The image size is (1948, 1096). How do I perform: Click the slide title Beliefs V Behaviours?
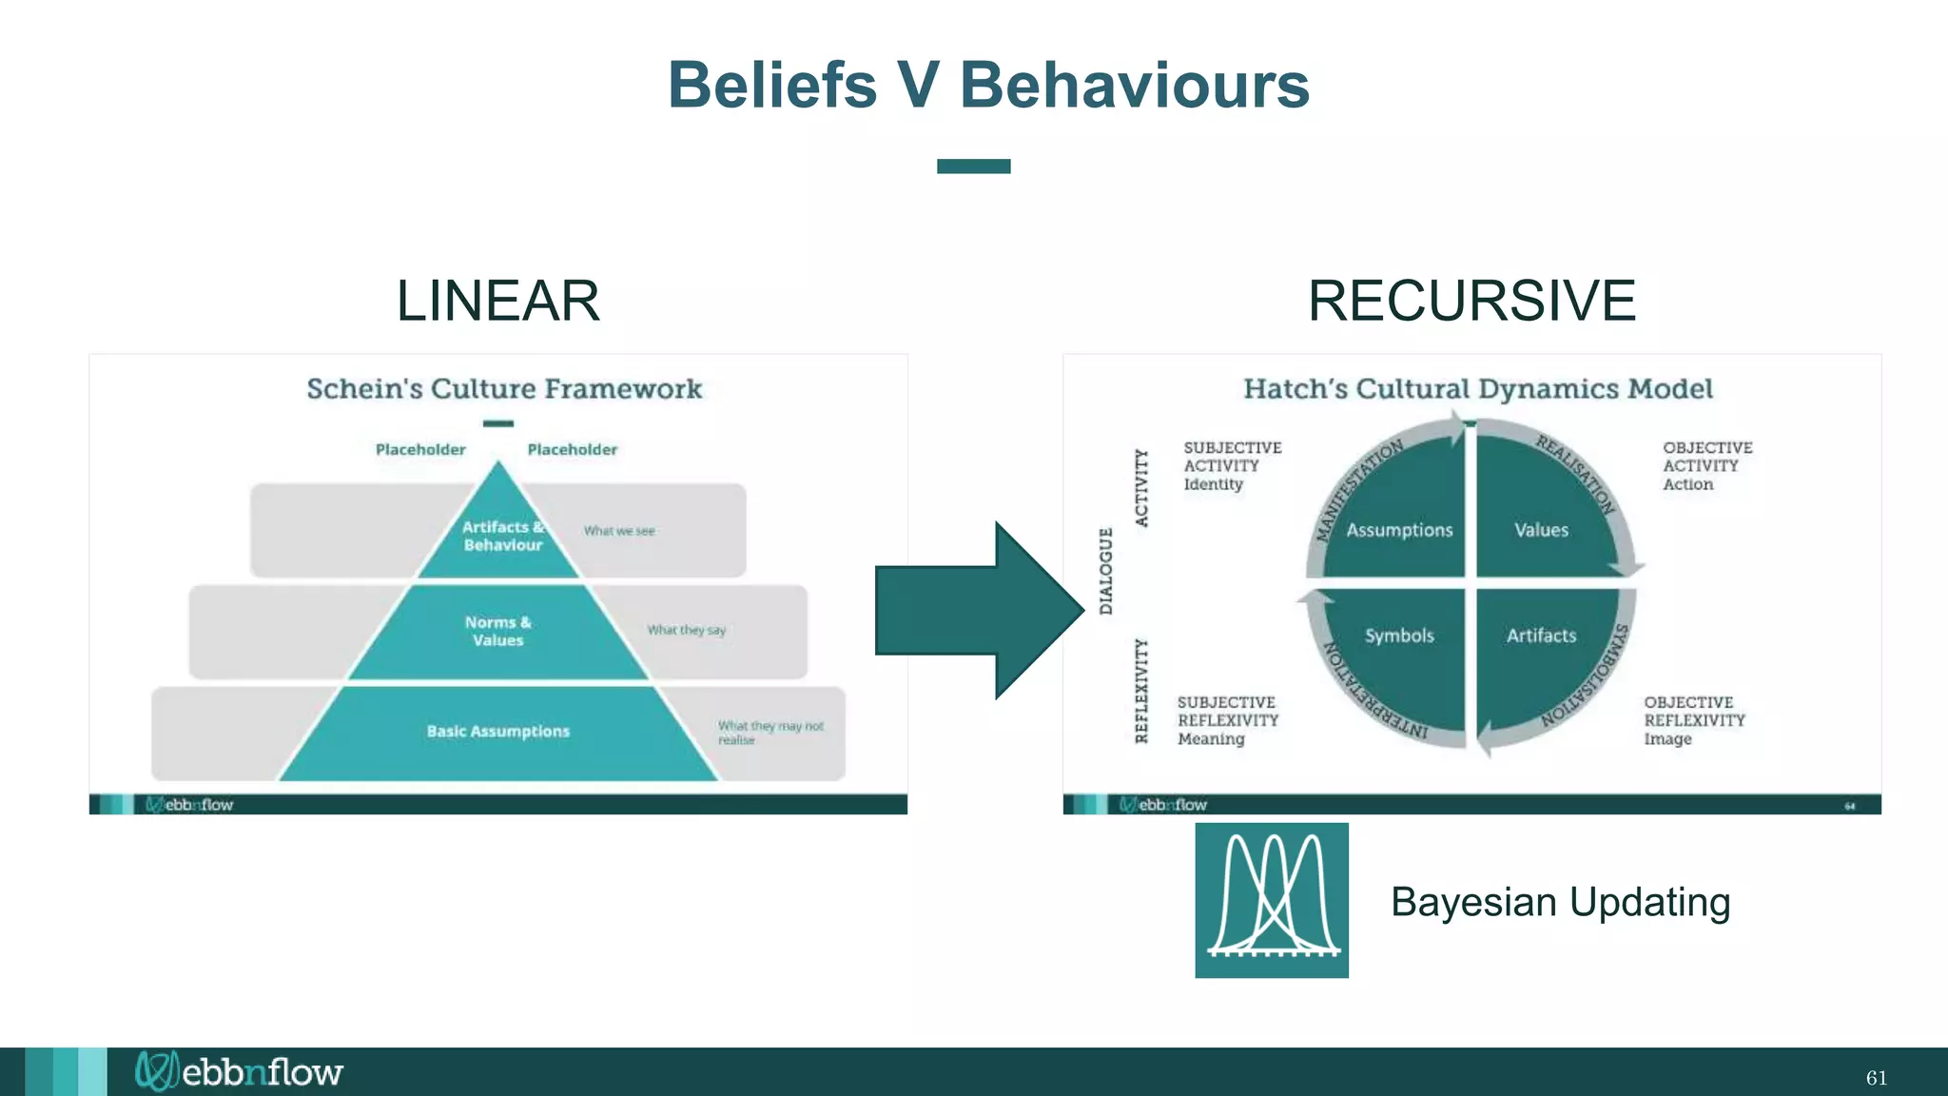988,86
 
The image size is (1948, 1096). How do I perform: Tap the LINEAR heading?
497,301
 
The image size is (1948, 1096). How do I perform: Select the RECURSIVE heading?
1471,301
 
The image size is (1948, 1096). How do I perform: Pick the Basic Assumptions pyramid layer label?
497,732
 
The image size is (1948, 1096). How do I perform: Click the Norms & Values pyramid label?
497,631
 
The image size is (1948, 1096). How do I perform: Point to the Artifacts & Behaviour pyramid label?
502,536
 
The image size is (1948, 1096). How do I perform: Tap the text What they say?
686,630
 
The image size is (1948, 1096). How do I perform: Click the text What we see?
619,531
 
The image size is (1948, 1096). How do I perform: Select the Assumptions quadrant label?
1399,530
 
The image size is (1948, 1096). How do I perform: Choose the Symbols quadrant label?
1399,636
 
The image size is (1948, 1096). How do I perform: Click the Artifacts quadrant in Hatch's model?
1541,636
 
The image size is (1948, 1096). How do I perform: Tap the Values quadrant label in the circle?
1541,530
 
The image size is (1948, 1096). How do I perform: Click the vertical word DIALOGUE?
1105,571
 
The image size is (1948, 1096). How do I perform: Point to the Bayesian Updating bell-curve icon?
1272,900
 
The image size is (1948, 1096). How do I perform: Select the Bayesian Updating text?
1560,902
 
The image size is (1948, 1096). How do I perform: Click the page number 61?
1876,1078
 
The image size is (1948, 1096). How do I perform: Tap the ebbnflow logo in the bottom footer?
240,1072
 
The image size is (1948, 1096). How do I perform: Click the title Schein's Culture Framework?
504,389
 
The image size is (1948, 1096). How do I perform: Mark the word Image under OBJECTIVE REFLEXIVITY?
1667,739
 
